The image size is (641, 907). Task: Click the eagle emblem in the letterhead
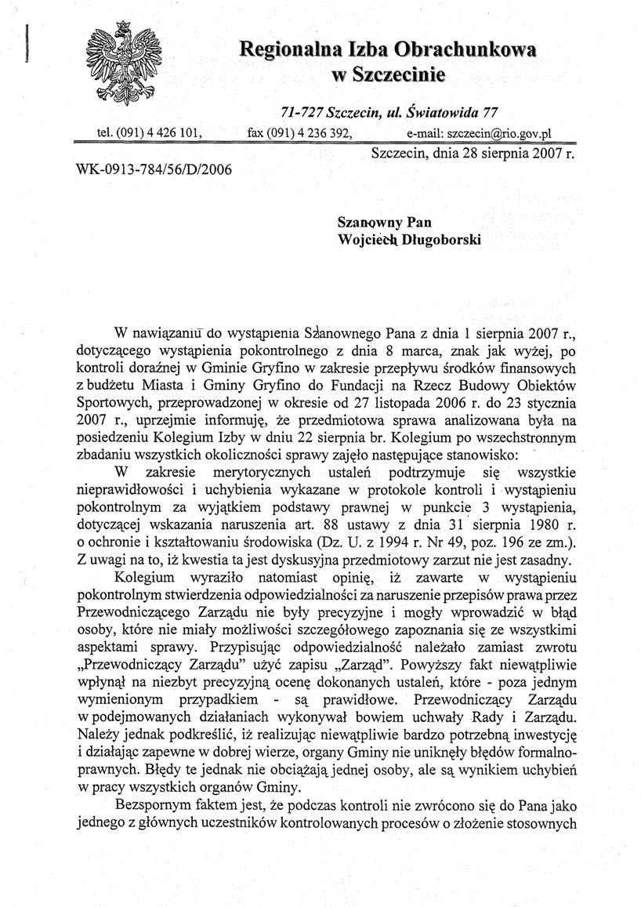click(x=126, y=67)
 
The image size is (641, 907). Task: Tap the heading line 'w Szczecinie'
click(x=388, y=75)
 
